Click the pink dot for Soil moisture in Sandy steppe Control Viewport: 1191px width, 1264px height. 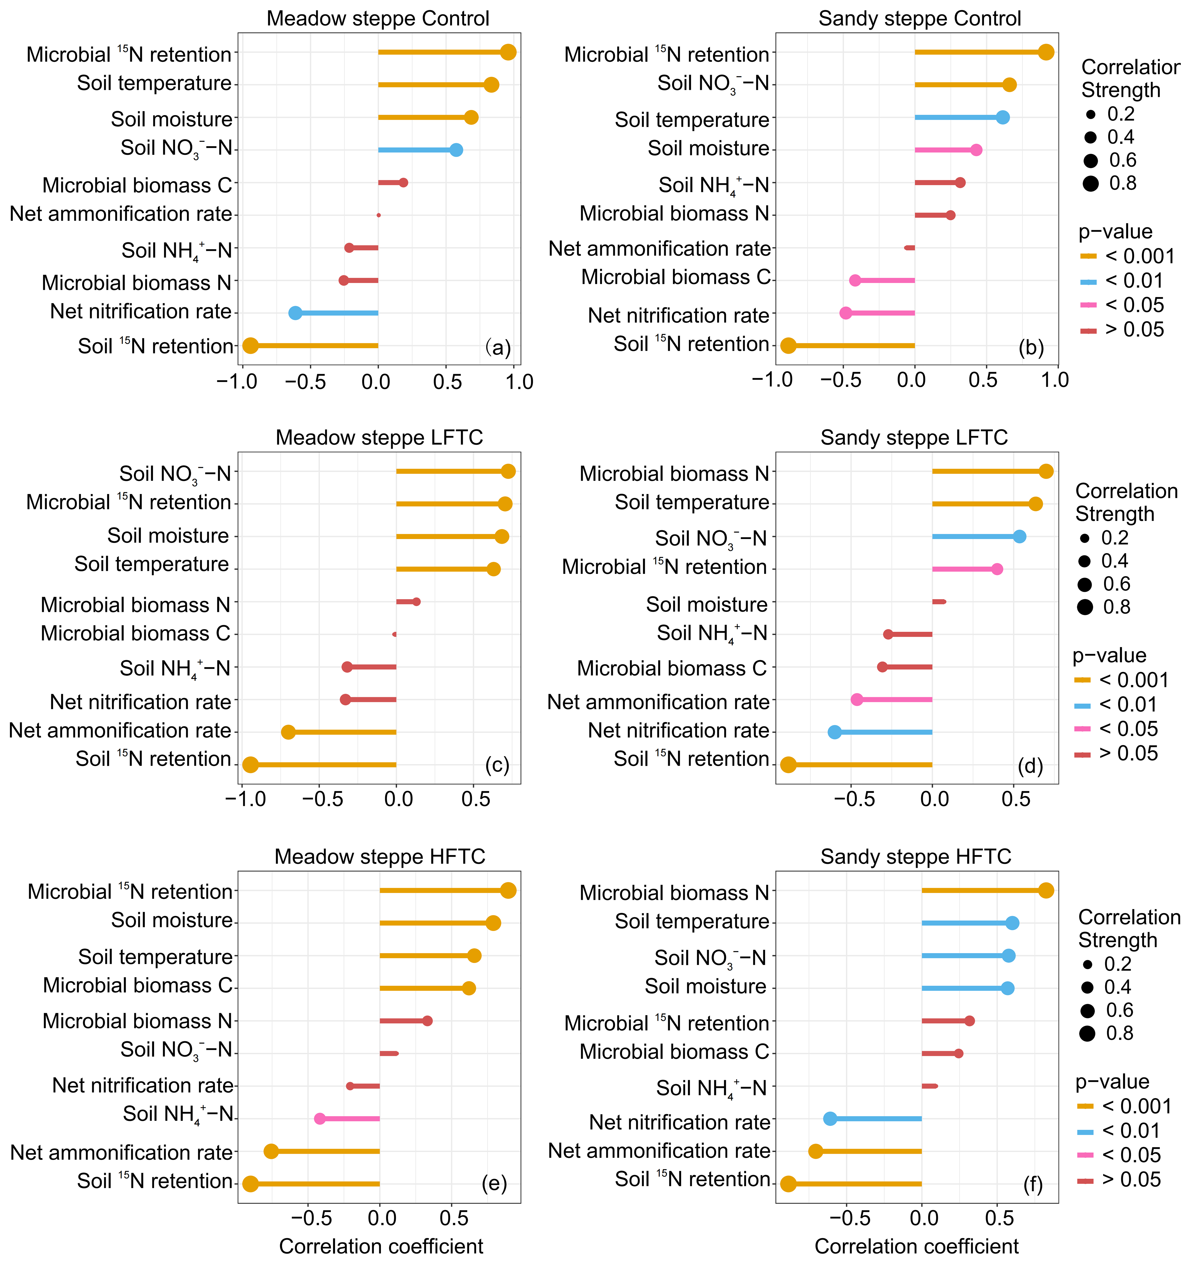click(x=976, y=150)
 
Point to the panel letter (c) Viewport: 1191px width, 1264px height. click(x=497, y=765)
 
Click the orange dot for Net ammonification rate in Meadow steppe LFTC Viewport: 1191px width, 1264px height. click(x=289, y=732)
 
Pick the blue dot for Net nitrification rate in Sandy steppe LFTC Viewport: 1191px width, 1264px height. click(x=834, y=732)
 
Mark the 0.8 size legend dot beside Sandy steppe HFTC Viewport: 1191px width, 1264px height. click(x=1087, y=1033)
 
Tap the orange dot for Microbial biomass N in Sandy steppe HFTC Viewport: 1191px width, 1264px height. click(x=1046, y=891)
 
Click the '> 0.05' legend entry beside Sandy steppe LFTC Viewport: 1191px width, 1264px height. click(x=1128, y=754)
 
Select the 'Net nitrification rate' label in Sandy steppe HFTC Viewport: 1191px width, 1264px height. click(x=679, y=1122)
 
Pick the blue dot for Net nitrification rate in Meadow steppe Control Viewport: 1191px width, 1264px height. click(x=295, y=313)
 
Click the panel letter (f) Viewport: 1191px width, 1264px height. click(x=1033, y=1185)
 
